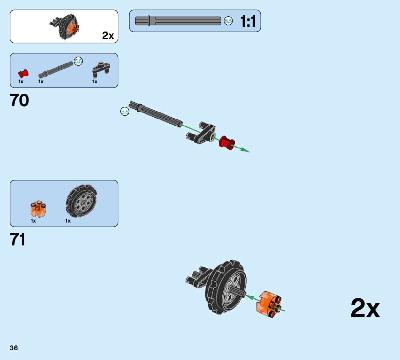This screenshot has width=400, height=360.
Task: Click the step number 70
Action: tap(20, 101)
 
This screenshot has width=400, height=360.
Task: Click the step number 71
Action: tap(18, 240)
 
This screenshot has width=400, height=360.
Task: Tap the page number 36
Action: tap(14, 348)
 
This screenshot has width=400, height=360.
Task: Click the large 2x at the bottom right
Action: tap(365, 308)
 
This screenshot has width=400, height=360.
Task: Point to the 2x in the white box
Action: tap(108, 36)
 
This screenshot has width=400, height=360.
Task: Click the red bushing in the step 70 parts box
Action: tap(23, 73)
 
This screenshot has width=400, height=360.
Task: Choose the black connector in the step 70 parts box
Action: tap(101, 69)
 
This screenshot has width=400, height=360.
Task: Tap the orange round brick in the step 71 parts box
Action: tap(38, 209)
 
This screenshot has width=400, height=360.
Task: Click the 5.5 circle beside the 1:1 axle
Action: tap(228, 21)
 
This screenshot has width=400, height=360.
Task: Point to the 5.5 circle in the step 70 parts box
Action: tap(79, 61)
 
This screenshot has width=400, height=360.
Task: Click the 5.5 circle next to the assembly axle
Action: tap(124, 111)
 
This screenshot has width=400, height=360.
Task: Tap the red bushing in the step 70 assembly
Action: tap(227, 143)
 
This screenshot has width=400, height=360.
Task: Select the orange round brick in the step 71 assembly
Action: tap(269, 304)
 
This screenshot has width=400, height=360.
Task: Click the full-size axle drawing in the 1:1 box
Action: tap(178, 21)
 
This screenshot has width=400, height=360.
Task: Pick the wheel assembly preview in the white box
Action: tap(65, 27)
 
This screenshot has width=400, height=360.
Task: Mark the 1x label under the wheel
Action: tap(68, 221)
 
